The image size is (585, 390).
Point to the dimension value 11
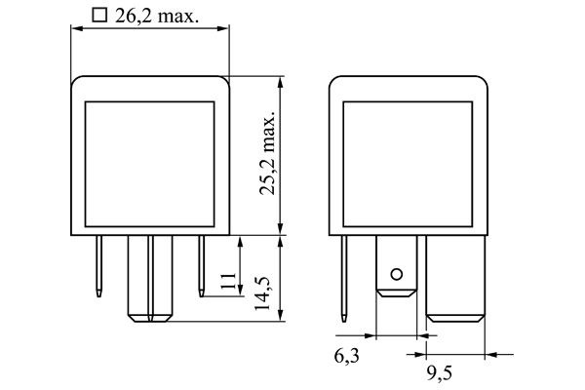226,283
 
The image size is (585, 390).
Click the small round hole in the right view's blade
395,274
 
